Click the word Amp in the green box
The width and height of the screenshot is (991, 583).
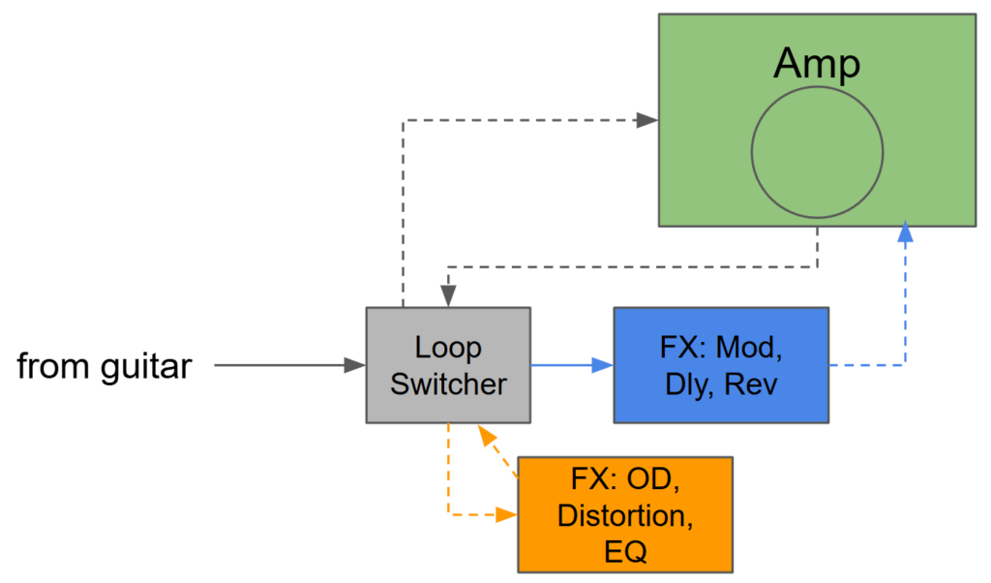click(817, 65)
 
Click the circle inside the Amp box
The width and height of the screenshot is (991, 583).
click(817, 153)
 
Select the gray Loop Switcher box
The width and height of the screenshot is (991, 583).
click(448, 365)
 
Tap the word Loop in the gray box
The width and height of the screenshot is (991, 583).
click(448, 348)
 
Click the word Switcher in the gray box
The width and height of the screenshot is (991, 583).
click(448, 384)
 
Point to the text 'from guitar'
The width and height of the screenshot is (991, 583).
click(105, 366)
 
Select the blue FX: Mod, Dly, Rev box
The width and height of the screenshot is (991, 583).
click(721, 365)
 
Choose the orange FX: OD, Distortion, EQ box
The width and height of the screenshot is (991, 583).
click(625, 514)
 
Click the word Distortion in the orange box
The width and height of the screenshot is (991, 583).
click(625, 515)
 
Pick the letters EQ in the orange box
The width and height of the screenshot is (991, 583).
click(625, 551)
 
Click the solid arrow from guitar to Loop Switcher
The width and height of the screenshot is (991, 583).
click(289, 365)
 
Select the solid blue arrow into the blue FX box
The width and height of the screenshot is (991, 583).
click(571, 365)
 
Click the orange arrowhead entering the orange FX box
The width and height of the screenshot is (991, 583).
click(507, 515)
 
